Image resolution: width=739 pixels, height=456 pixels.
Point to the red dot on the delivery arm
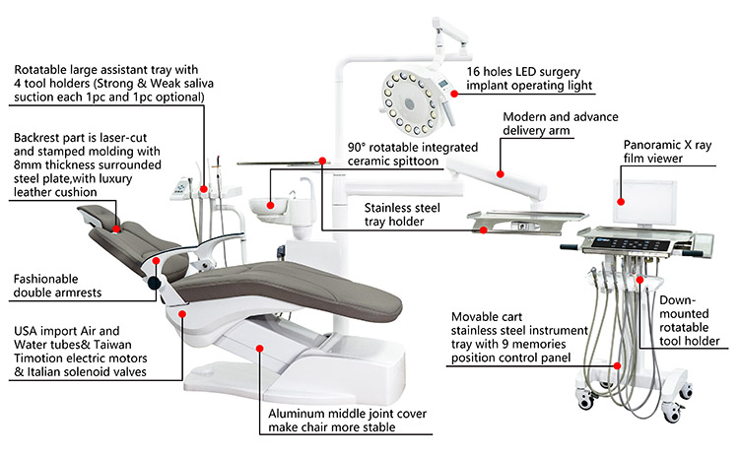[501, 174]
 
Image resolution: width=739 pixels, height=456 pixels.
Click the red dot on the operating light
[455, 94]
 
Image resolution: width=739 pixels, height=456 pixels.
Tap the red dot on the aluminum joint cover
[259, 347]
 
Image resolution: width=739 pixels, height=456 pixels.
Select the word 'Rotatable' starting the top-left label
[43, 70]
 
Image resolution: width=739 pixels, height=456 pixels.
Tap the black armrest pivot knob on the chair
[156, 284]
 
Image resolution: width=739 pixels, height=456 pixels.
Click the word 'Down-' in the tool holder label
[679, 297]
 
